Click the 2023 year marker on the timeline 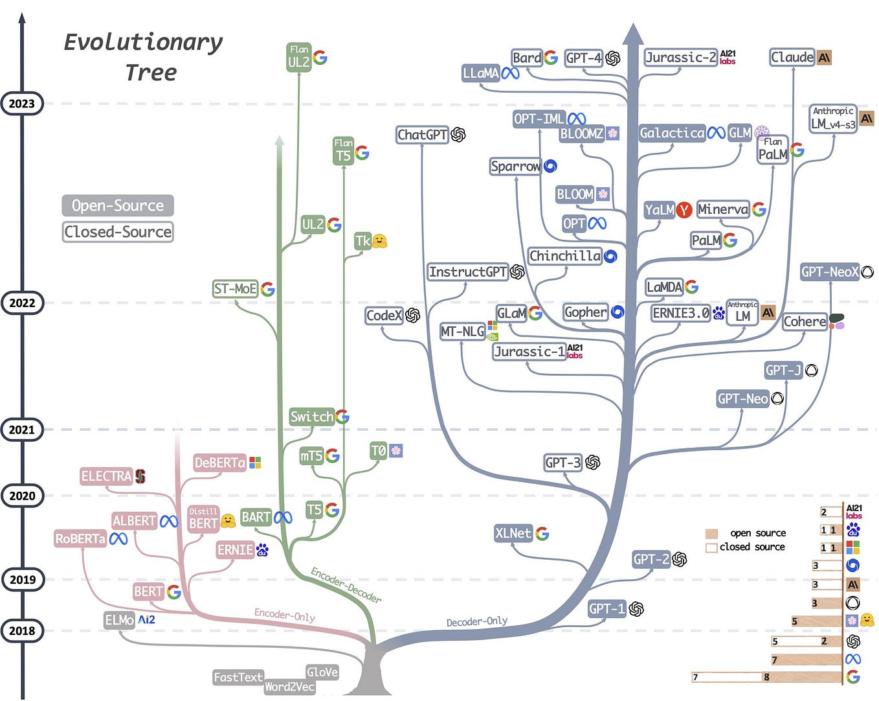click(x=22, y=104)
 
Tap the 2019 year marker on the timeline click(x=22, y=579)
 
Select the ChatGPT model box click(x=423, y=135)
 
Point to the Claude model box click(x=792, y=57)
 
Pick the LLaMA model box click(x=481, y=73)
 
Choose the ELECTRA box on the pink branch click(x=106, y=476)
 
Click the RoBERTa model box click(x=80, y=538)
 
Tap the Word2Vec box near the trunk click(x=289, y=687)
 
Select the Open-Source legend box click(x=118, y=205)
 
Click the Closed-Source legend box click(x=118, y=231)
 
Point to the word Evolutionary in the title click(x=143, y=42)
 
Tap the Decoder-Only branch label click(x=476, y=621)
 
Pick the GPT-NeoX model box click(x=829, y=272)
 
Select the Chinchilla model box click(x=564, y=256)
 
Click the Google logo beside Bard click(x=551, y=58)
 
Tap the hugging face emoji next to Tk click(x=379, y=241)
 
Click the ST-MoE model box click(x=235, y=289)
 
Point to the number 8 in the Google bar click(x=766, y=678)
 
